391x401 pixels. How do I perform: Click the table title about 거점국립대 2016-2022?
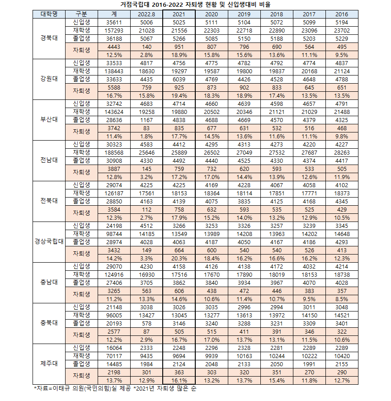coord(196,5)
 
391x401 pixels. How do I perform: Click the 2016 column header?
coord(342,14)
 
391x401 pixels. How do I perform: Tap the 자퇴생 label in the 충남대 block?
coord(81,294)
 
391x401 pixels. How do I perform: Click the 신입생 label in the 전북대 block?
coord(81,184)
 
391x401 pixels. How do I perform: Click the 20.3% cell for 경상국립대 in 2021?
coord(179,258)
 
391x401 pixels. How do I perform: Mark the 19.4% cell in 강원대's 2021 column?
coord(179,95)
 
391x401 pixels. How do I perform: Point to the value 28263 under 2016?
coord(342,152)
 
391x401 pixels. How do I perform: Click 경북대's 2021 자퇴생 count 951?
coord(179,47)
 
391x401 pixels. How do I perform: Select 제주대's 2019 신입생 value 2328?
coord(244,347)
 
